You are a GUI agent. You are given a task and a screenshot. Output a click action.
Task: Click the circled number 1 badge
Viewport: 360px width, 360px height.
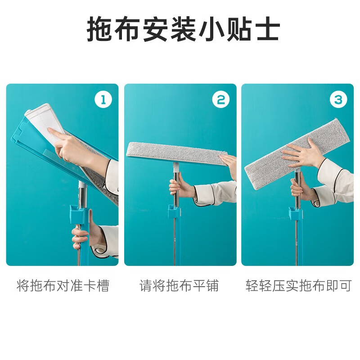(103, 99)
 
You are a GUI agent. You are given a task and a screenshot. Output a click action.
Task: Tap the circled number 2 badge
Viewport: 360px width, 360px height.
(220, 99)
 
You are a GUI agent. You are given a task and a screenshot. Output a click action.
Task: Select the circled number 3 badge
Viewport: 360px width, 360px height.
(338, 99)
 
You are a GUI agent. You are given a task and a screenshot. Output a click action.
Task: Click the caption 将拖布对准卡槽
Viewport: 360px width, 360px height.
(63, 285)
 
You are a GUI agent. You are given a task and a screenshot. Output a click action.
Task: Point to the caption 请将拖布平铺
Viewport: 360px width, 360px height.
(179, 285)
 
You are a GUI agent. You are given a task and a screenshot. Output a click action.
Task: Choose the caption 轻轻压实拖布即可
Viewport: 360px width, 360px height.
(298, 285)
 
